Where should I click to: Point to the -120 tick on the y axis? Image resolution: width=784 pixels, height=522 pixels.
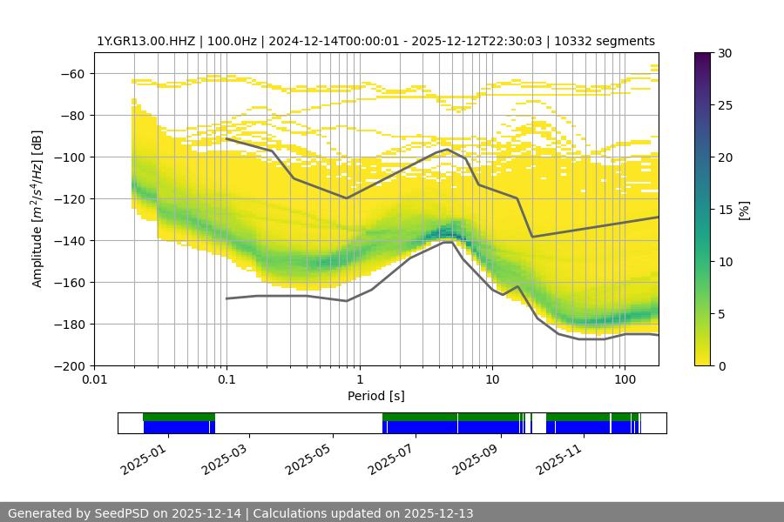click(x=71, y=199)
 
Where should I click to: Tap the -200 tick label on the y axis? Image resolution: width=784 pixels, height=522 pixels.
click(x=71, y=366)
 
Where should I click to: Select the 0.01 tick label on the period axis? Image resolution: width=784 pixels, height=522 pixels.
click(x=94, y=379)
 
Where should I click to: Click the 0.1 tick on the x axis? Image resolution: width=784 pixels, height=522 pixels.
click(x=226, y=379)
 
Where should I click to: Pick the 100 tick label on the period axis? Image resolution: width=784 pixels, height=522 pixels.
click(x=625, y=379)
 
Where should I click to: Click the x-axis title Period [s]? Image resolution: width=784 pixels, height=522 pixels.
click(x=375, y=396)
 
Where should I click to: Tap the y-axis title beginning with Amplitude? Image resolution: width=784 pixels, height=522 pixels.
click(x=37, y=209)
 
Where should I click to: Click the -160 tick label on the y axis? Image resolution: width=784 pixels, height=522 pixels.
click(x=71, y=283)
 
